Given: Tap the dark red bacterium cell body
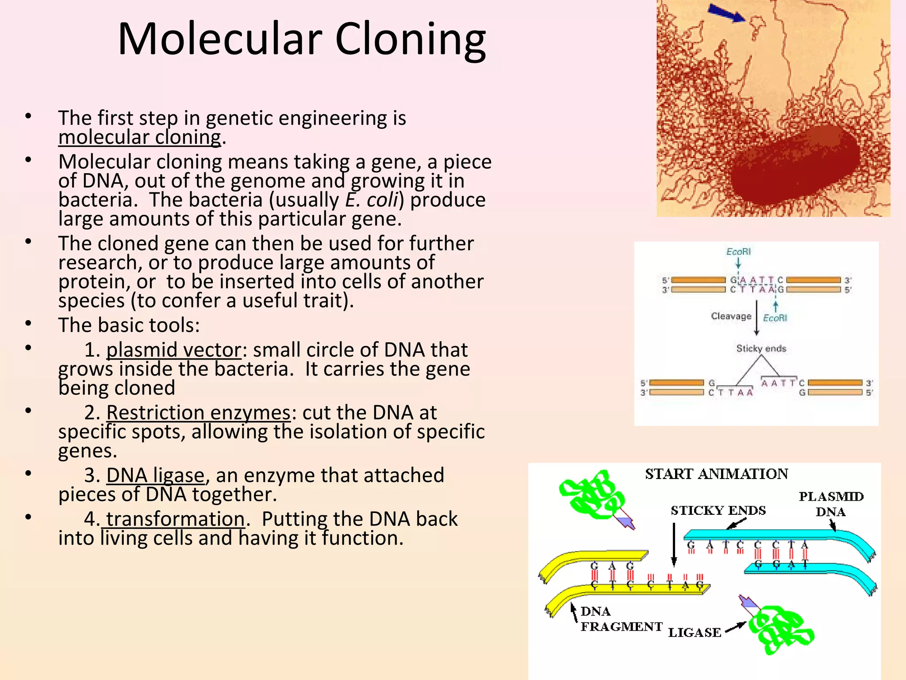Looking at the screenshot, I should point(794,166).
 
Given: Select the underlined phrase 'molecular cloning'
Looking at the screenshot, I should point(139,137).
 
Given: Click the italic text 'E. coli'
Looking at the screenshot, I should point(372,200).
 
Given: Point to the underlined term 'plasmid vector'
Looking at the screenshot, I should point(174,350).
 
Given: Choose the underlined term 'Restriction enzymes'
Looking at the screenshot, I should point(198,413).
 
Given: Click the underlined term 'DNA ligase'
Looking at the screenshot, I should point(155,475).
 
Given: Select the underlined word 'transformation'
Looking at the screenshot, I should point(175,519).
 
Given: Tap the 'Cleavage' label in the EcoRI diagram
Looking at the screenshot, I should point(731,316).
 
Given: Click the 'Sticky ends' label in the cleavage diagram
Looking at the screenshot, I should point(761,348).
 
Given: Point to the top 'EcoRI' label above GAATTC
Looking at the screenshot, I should point(738,251).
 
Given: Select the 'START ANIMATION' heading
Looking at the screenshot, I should point(716,474).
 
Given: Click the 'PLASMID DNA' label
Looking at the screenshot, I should point(831,504).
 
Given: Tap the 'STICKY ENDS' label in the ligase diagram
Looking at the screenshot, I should point(718,510).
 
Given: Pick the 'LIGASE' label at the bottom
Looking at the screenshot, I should point(694,633).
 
